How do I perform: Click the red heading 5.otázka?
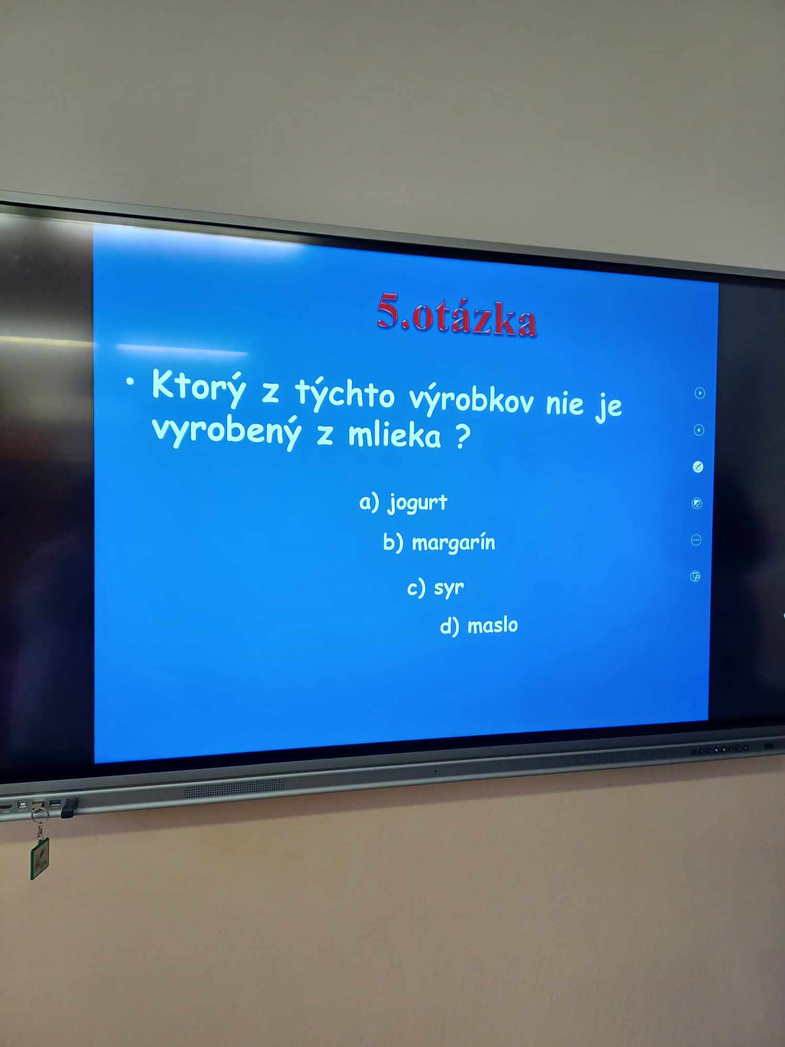click(456, 314)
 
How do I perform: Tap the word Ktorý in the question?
click(198, 387)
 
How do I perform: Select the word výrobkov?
click(472, 400)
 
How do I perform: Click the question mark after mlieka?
click(463, 437)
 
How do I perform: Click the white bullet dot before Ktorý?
click(130, 382)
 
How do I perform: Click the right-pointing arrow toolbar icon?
click(700, 393)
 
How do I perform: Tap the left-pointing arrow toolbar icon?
click(699, 430)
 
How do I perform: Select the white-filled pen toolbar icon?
click(698, 467)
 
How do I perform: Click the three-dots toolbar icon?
click(696, 540)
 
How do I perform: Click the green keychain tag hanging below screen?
click(39, 859)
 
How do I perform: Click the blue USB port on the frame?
click(54, 802)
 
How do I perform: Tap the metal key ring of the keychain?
click(39, 815)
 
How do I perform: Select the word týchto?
click(345, 393)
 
